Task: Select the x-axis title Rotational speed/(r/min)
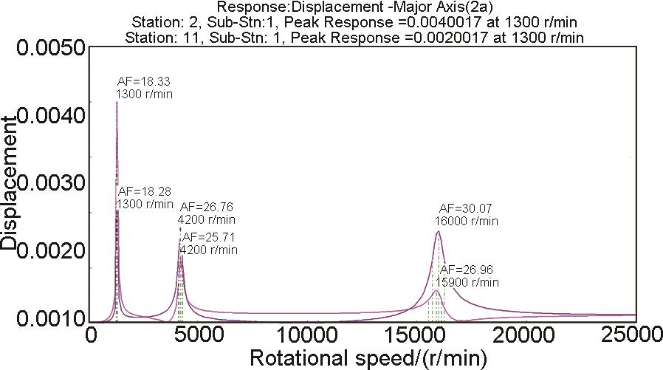[368, 358]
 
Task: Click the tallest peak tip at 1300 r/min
[117, 102]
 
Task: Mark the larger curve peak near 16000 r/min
[438, 232]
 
